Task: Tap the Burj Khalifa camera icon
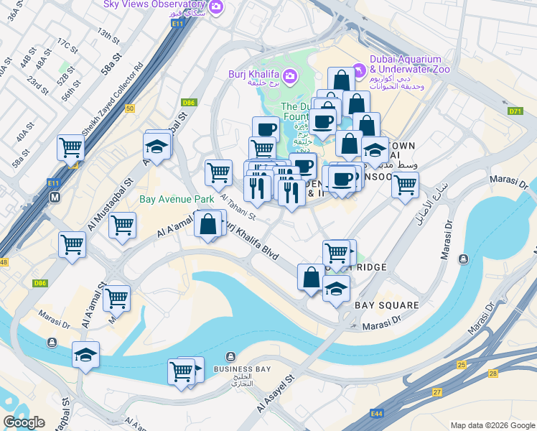[289, 75]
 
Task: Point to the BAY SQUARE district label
[387, 305]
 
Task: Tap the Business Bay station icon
[230, 357]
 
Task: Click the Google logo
[24, 422]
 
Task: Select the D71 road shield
[515, 111]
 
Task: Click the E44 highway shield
[377, 414]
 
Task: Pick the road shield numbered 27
[436, 392]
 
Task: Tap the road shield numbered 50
[129, 108]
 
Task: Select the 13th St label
[108, 34]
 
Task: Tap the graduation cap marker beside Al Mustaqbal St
[157, 147]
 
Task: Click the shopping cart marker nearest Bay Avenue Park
[123, 225]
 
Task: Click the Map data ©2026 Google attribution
[492, 425]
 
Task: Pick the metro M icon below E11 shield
[54, 196]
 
